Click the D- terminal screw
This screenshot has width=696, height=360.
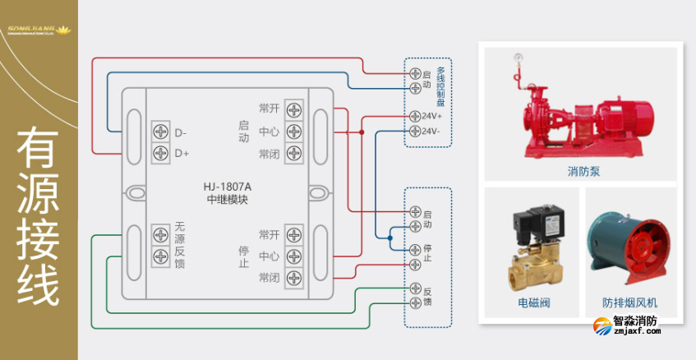(160, 132)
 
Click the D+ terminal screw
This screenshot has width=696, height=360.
(160, 153)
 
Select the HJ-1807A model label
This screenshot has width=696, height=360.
(228, 185)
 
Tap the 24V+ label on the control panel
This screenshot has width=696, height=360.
(432, 117)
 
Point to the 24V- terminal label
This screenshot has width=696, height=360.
(432, 132)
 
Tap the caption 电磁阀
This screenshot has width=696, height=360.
(533, 303)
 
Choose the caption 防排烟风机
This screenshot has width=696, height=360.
(630, 303)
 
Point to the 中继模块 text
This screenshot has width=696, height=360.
(228, 199)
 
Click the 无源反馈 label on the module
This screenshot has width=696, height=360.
(181, 245)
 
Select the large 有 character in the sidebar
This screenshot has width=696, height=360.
(39, 153)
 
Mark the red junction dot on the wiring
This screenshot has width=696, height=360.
(361, 132)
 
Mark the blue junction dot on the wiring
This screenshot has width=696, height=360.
(390, 237)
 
